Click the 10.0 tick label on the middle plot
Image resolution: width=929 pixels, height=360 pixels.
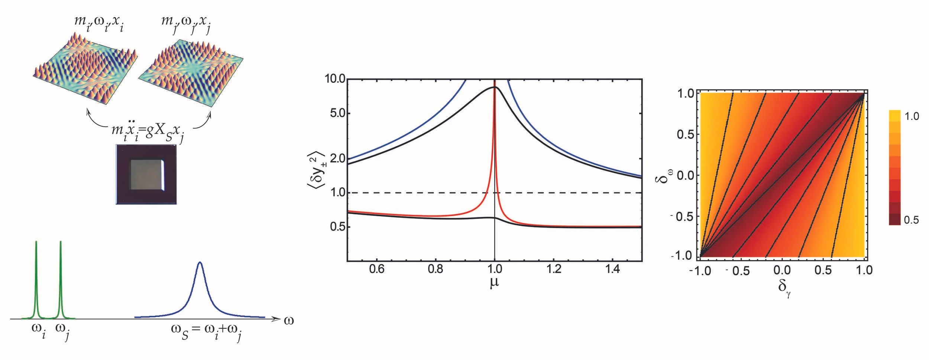tap(334, 79)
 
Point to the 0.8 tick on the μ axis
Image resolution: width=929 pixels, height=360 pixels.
tap(435, 269)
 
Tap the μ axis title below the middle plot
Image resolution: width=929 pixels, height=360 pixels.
tap(494, 283)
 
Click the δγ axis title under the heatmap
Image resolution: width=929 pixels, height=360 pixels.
tap(784, 288)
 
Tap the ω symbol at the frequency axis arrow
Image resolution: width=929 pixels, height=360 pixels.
tap(289, 320)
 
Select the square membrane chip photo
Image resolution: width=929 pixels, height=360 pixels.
tap(146, 174)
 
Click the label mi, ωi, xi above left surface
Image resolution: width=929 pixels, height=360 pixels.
tap(99, 22)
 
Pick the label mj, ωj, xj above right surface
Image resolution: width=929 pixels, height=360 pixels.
tap(186, 22)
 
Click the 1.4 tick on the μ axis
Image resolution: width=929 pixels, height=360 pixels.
tap(612, 269)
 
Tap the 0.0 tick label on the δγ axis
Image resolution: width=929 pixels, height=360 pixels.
tap(782, 270)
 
